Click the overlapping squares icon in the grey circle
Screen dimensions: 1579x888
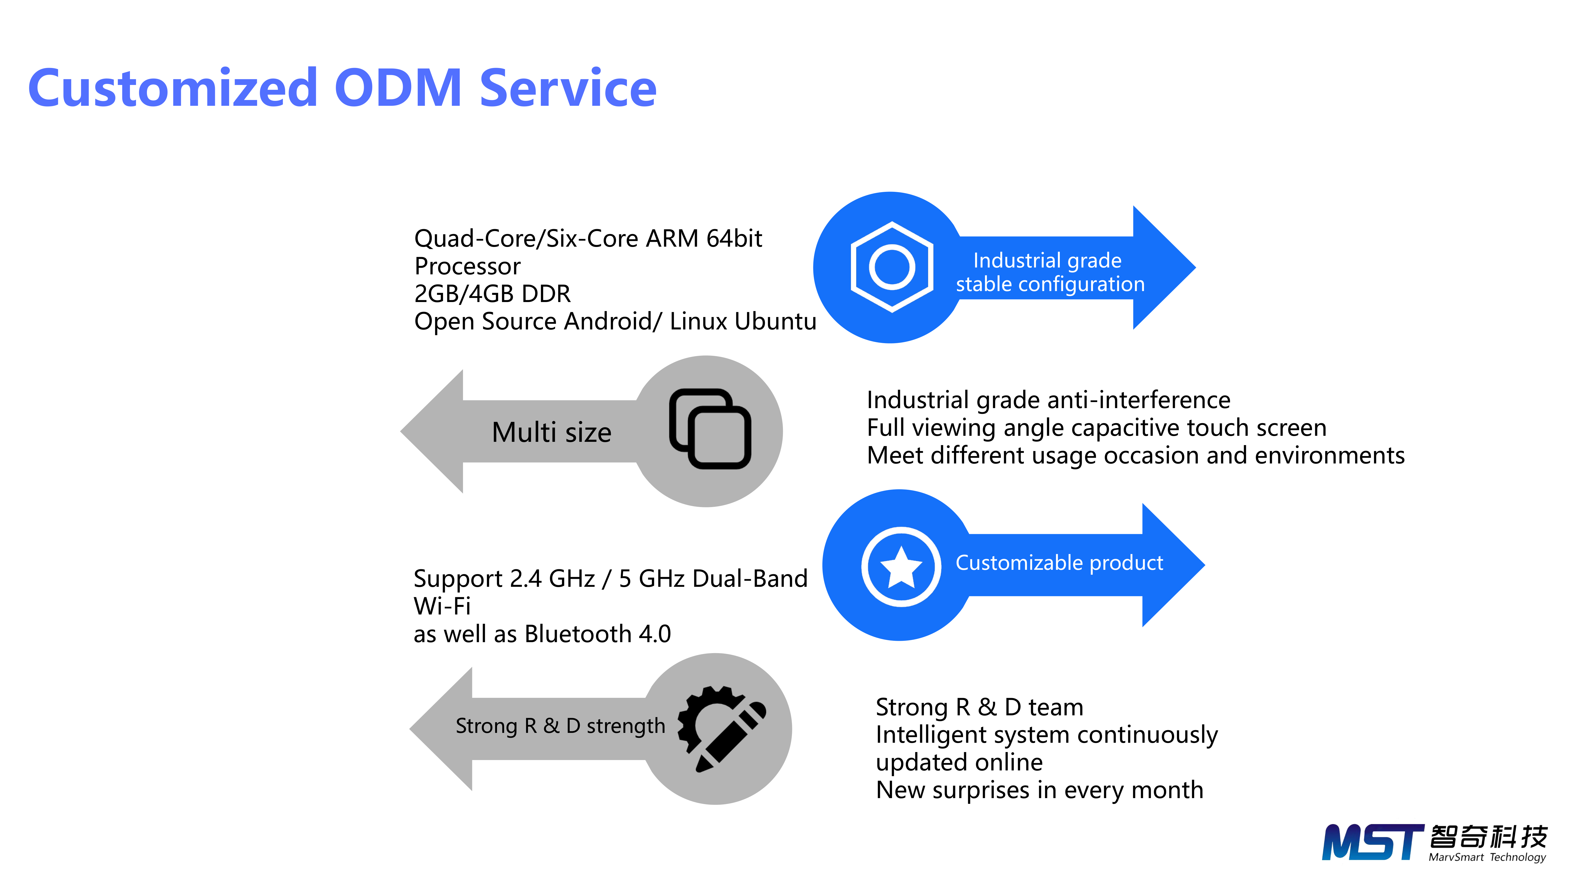[710, 429]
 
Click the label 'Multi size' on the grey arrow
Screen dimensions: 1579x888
[551, 432]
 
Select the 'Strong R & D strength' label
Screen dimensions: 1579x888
[560, 726]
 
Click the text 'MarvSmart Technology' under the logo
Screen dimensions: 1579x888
[1487, 857]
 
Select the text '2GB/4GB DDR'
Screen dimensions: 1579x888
[492, 294]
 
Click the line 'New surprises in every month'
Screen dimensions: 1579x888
[1040, 790]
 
